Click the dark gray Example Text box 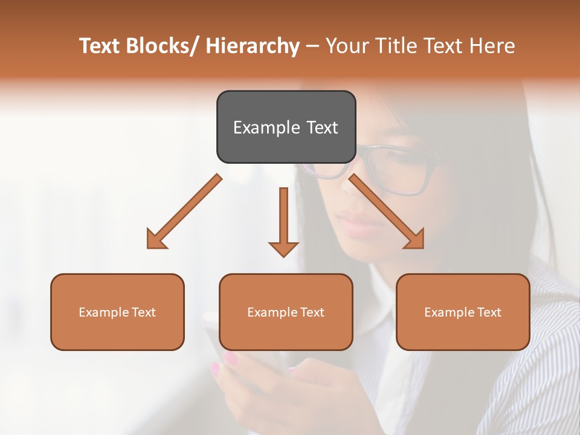286,127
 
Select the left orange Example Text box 117,312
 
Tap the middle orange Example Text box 286,312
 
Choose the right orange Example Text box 463,312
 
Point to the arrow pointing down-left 184,212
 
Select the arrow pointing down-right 387,212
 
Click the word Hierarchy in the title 253,46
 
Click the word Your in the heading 347,46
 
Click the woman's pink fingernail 231,359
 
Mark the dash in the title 312,46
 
